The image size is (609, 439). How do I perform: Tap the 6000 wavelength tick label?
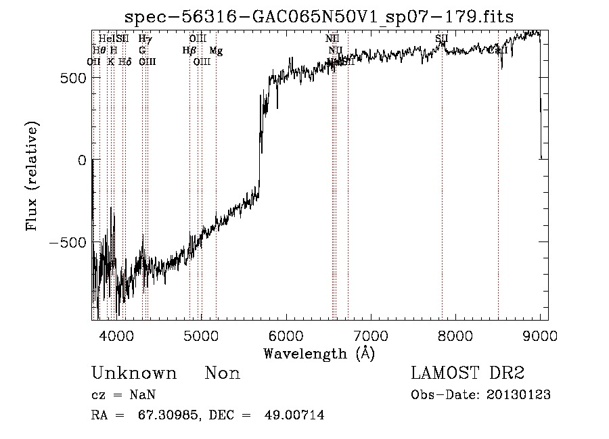pyautogui.click(x=286, y=336)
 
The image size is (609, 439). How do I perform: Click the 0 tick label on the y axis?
pyautogui.click(x=82, y=160)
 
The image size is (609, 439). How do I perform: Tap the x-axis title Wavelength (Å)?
pyautogui.click(x=319, y=353)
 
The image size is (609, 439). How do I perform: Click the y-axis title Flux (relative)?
pyautogui.click(x=32, y=176)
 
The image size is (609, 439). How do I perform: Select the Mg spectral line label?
pyautogui.click(x=215, y=51)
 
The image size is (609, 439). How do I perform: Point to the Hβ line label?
pyautogui.click(x=189, y=51)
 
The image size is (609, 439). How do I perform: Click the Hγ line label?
pyautogui.click(x=145, y=39)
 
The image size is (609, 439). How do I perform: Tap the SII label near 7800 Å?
pyautogui.click(x=442, y=39)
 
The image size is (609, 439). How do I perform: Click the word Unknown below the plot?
pyautogui.click(x=134, y=373)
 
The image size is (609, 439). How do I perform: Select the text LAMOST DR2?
pyautogui.click(x=468, y=373)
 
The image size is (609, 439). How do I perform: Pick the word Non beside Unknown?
pyautogui.click(x=223, y=373)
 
